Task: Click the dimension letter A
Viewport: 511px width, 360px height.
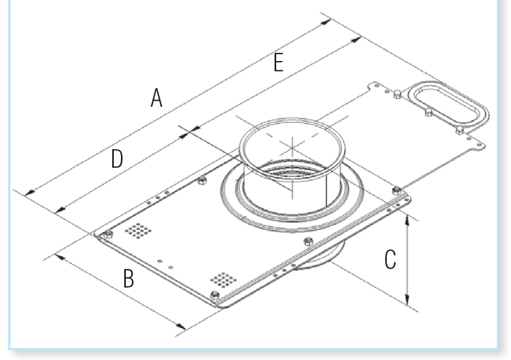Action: tap(156, 99)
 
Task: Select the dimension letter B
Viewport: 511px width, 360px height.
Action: tap(129, 278)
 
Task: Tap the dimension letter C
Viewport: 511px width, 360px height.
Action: tap(390, 260)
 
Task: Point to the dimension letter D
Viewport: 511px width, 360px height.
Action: tap(117, 159)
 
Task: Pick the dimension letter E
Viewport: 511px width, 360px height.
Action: tap(278, 63)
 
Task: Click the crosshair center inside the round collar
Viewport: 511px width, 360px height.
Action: tap(293, 145)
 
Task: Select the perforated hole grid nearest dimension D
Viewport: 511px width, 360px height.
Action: tap(138, 230)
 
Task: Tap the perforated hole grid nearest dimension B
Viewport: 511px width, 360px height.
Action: tap(223, 280)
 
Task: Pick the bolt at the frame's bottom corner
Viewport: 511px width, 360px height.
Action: tap(214, 296)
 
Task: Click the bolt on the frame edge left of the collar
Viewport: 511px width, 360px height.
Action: tap(202, 180)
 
